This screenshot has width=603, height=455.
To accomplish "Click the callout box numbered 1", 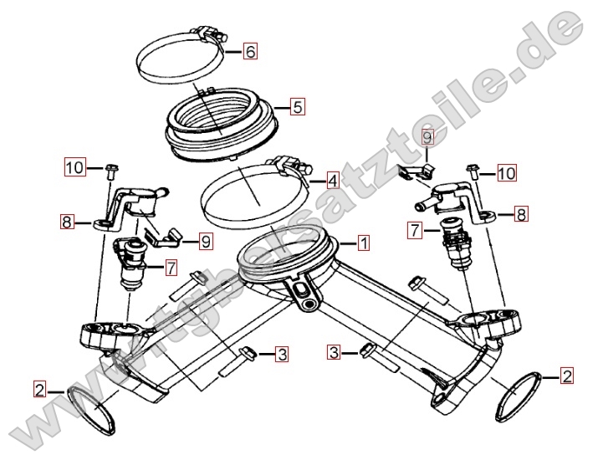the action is click(x=364, y=243).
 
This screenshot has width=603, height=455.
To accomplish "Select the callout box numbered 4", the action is click(x=333, y=180).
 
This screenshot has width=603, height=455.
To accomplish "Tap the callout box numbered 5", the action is click(x=298, y=107).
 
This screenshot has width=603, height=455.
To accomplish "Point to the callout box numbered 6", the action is click(x=250, y=51).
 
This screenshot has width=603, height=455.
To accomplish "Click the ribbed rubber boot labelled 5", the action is click(x=222, y=123).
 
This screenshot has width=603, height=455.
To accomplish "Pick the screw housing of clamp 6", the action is click(x=211, y=34).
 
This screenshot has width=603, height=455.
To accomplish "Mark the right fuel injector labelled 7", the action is click(x=457, y=243).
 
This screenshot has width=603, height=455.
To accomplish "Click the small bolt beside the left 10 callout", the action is click(x=111, y=171).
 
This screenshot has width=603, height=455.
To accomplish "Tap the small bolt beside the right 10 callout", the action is click(x=473, y=171).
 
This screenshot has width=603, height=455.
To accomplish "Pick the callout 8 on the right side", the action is click(x=521, y=214).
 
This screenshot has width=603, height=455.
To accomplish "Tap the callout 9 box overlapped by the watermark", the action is click(x=427, y=137).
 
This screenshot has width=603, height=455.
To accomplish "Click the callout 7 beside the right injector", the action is click(x=415, y=230).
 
